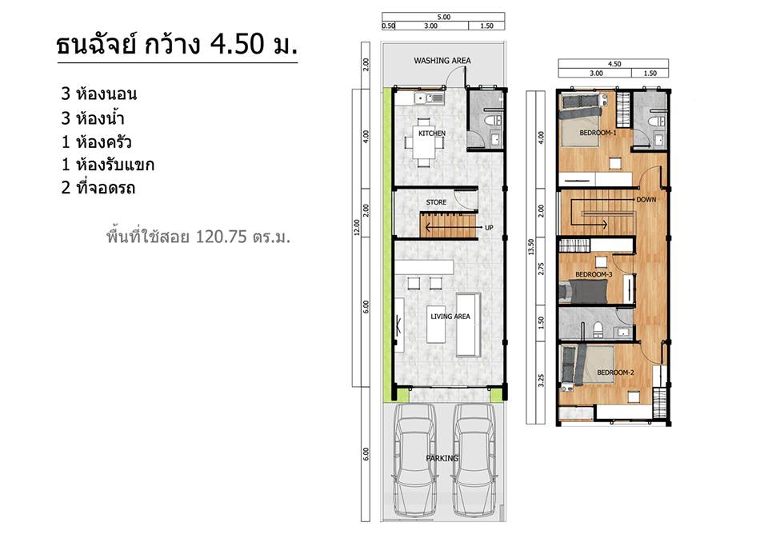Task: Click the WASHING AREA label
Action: click(x=442, y=61)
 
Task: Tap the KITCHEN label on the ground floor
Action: click(x=432, y=134)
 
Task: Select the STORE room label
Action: click(x=436, y=202)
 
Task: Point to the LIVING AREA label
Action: click(x=450, y=317)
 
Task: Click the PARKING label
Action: click(x=442, y=458)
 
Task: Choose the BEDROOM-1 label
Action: click(x=598, y=133)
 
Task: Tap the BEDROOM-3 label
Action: click(x=594, y=274)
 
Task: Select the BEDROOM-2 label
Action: click(x=615, y=373)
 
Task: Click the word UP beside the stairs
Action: click(x=489, y=228)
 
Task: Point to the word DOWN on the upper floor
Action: click(x=646, y=200)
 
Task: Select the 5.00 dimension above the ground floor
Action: click(x=444, y=17)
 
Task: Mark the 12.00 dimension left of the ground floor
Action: click(x=357, y=227)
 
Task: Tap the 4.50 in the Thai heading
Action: click(x=237, y=44)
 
